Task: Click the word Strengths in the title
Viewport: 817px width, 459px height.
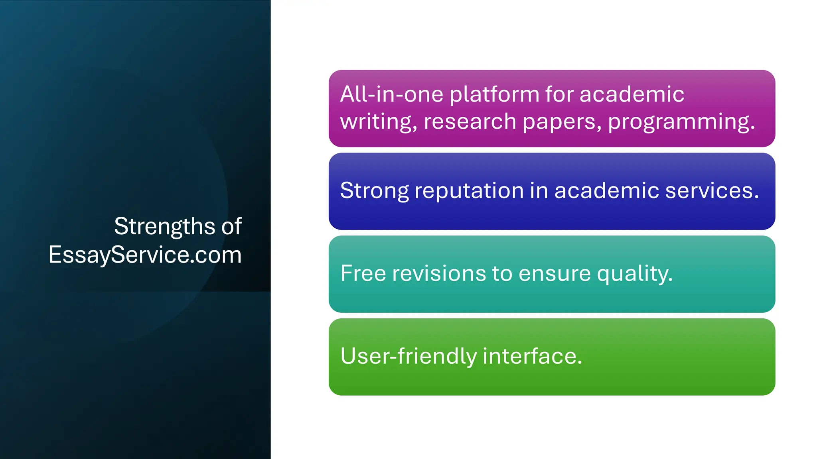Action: click(165, 227)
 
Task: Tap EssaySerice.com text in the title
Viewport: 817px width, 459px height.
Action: click(145, 255)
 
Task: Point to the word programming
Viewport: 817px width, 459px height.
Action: click(681, 122)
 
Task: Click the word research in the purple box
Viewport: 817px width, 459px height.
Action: click(470, 122)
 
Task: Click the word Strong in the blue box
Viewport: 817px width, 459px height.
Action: click(374, 191)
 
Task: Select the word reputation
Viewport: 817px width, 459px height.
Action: click(469, 191)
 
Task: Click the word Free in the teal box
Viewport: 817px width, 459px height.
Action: click(363, 273)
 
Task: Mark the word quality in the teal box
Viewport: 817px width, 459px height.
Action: click(634, 274)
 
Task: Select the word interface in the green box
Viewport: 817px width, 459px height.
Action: click(532, 356)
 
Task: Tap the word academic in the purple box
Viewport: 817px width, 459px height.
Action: click(631, 94)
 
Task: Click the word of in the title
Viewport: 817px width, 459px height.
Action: click(231, 226)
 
